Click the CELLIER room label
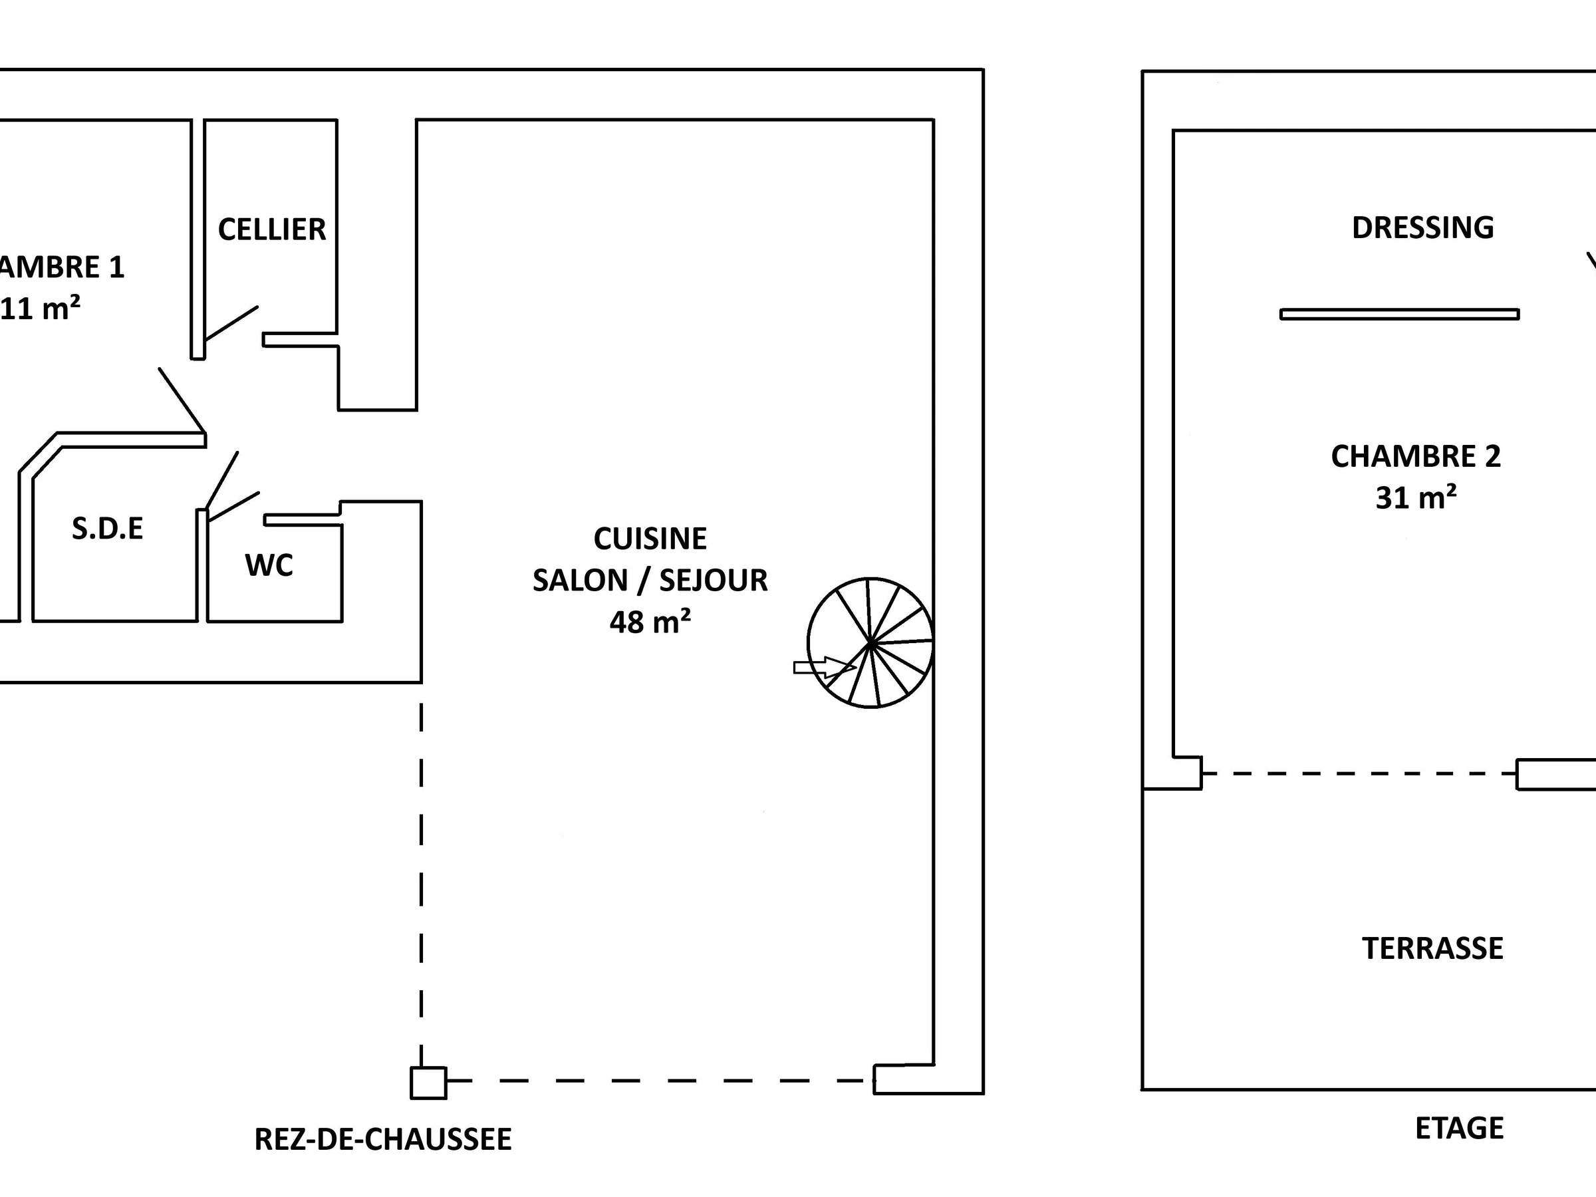(272, 229)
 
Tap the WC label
(269, 566)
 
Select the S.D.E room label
(108, 529)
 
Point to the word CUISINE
(650, 539)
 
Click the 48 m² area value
(650, 622)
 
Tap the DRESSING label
(1422, 228)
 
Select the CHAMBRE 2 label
(1416, 457)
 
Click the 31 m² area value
(1416, 498)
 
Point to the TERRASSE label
(1432, 948)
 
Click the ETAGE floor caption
(1459, 1129)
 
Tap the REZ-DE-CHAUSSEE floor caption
(383, 1139)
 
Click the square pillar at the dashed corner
(428, 1082)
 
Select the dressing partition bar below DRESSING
(1400, 314)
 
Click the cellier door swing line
(231, 323)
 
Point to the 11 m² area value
(40, 309)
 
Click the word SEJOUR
(714, 581)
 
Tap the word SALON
(580, 581)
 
